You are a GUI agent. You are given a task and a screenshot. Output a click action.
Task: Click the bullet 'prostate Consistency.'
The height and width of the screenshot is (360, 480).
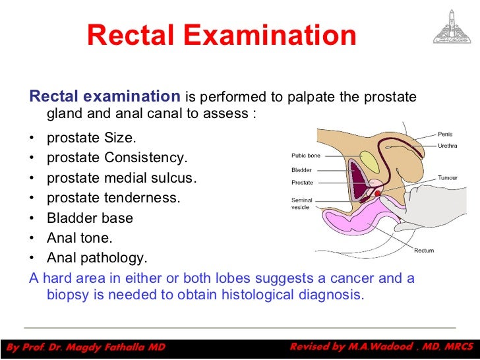tap(117, 158)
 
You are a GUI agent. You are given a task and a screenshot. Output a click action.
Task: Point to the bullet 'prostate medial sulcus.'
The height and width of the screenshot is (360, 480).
tap(121, 179)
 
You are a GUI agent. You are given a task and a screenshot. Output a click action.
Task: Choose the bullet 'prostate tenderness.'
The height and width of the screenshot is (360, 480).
tap(113, 198)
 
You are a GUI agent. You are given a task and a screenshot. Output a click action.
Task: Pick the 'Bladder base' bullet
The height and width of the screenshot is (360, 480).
tap(90, 218)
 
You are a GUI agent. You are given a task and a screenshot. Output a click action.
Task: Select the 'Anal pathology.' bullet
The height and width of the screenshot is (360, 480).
tap(97, 258)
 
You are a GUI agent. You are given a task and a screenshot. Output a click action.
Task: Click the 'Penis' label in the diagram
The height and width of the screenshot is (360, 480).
tap(446, 135)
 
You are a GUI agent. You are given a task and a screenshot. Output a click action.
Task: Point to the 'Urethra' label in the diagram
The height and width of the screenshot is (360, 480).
tap(448, 146)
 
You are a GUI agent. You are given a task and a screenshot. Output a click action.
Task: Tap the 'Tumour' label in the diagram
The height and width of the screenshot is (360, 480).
tap(448, 178)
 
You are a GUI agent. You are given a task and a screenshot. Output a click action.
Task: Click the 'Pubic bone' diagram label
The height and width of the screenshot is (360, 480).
tap(307, 156)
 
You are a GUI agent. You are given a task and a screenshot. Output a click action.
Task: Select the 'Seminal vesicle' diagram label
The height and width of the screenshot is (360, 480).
tap(303, 204)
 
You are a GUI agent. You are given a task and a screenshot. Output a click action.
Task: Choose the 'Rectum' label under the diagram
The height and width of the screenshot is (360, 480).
tap(424, 251)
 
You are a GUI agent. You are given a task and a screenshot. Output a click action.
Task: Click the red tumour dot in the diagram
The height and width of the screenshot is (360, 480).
tap(377, 193)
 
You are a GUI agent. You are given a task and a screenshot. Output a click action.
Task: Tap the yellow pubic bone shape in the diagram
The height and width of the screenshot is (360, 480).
tap(370, 162)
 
